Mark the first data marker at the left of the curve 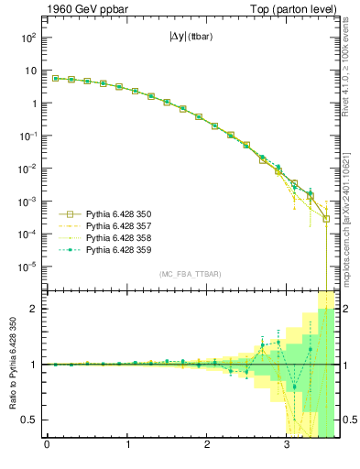(55, 78)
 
